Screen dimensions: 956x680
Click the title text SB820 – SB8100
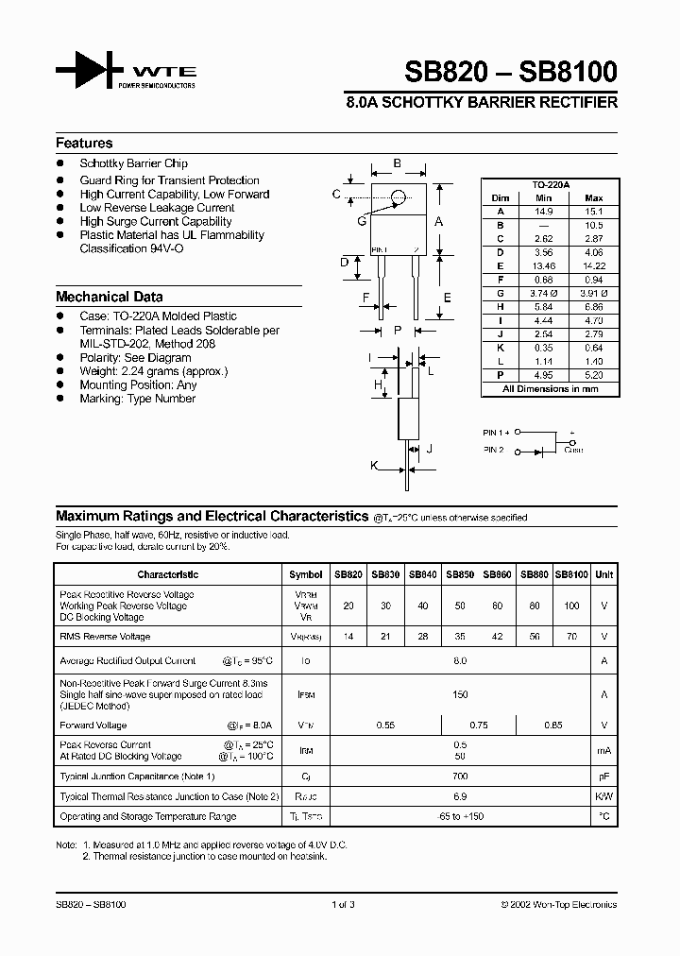511,72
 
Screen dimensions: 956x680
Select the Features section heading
84,144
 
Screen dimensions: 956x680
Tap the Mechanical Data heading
109,297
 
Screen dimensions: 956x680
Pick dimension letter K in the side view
374,467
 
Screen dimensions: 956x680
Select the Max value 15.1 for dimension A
594,212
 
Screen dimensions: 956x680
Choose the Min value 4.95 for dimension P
543,375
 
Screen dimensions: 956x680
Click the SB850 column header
460,574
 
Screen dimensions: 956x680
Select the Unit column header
604,574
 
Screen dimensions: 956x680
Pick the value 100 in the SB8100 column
571,606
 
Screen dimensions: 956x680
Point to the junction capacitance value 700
460,777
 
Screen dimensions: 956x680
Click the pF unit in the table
604,777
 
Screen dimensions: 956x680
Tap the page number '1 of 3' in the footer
343,905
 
